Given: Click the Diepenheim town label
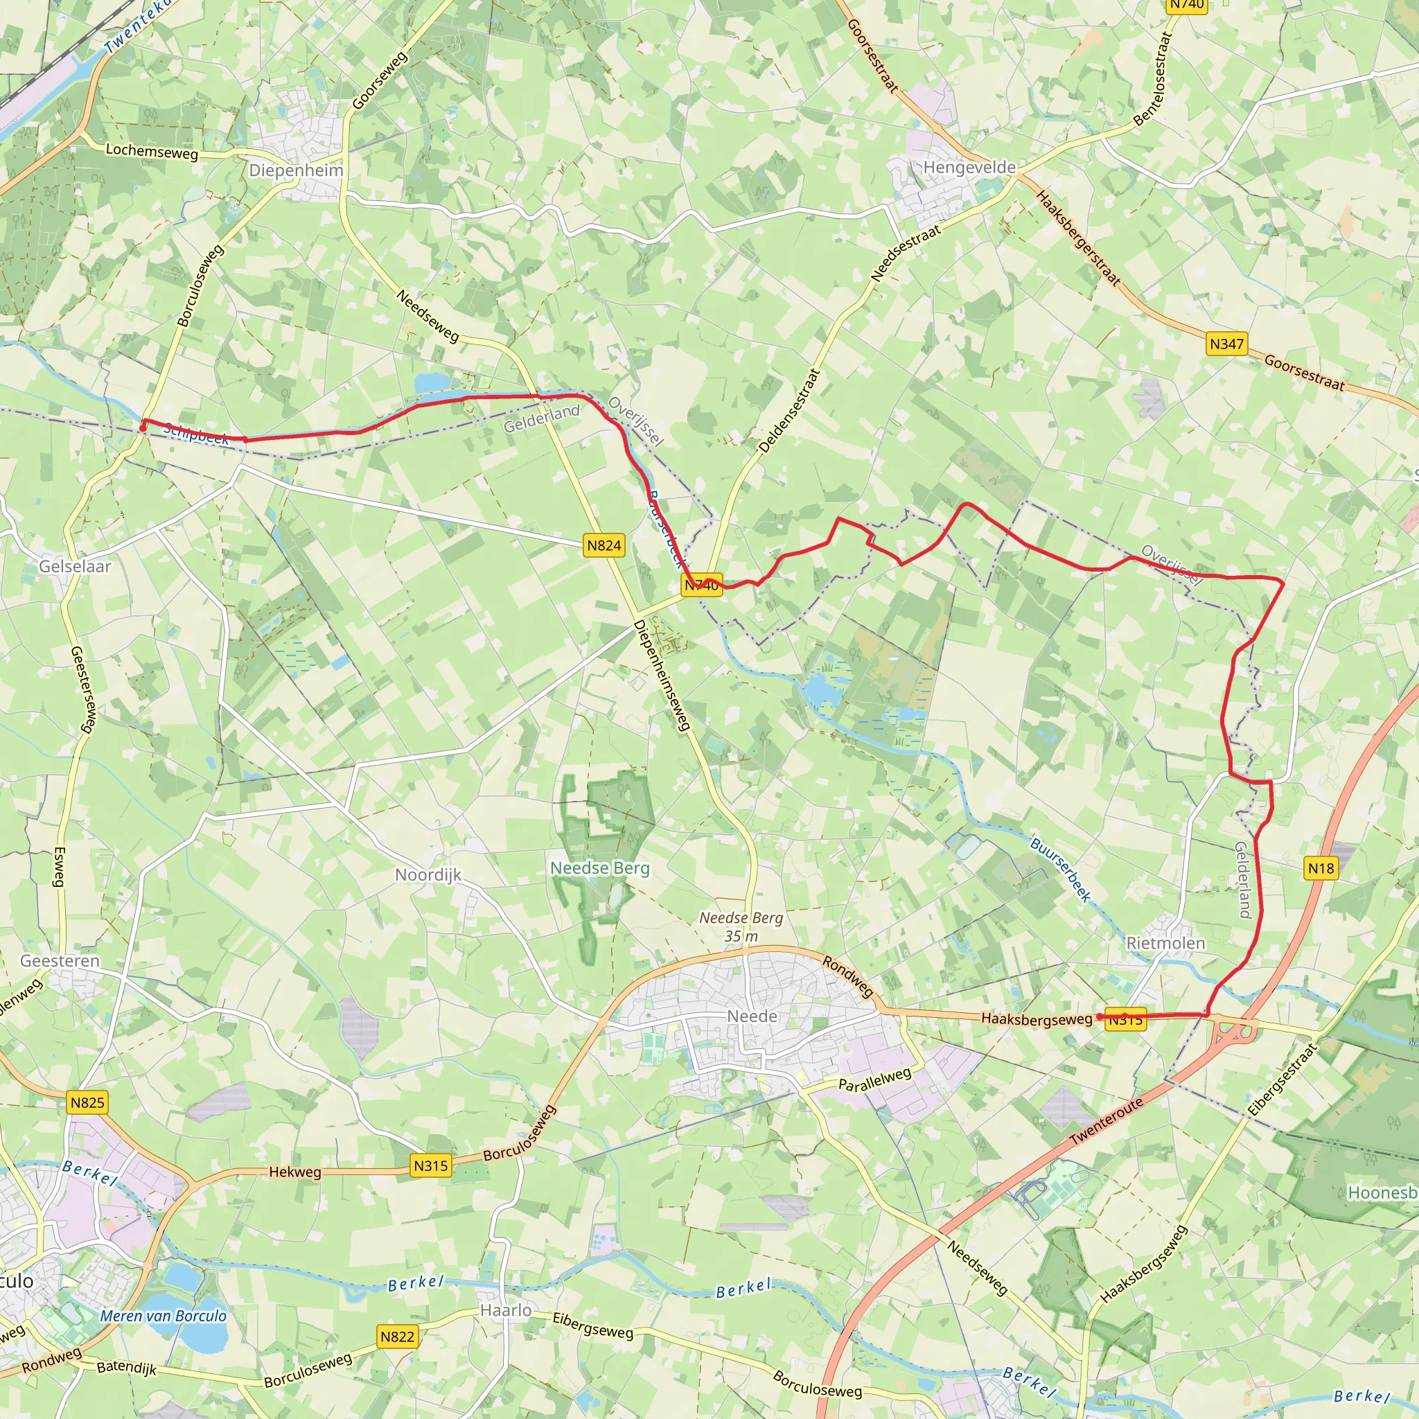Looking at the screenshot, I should (296, 170).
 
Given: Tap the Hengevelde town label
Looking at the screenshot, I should (969, 168).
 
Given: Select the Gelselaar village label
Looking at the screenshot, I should (75, 566).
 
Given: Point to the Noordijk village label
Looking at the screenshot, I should (428, 875).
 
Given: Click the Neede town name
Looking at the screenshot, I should (752, 1016).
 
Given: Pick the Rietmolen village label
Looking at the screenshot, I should (1165, 943).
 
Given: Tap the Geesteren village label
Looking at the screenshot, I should (60, 961).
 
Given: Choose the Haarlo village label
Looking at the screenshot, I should (506, 1310).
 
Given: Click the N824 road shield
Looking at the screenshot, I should (603, 545).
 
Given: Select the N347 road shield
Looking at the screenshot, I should (1226, 344).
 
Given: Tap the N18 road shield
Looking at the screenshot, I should (1321, 869).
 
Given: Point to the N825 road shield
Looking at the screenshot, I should (87, 1102).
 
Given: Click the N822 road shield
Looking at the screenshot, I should (397, 1337).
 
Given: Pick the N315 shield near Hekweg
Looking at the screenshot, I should (430, 1165).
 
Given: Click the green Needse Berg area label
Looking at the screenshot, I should (600, 868).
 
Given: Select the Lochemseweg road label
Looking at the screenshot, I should (152, 151).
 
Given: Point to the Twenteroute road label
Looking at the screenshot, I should (1106, 1122).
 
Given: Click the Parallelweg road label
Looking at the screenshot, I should (875, 1079).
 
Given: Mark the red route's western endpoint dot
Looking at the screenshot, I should (143, 428).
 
